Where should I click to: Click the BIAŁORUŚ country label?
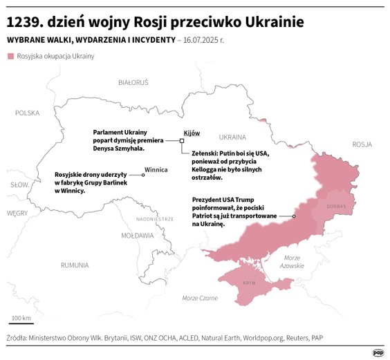(x=133, y=82)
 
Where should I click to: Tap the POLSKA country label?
(x=28, y=113)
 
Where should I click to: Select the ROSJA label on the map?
(x=362, y=144)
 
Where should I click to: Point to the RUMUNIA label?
(x=74, y=265)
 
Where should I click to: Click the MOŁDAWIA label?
(x=138, y=235)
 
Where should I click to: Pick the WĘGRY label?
(x=17, y=214)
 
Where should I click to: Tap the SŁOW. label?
(x=18, y=185)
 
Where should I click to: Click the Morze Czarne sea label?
(x=200, y=298)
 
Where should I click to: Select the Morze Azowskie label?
(x=292, y=261)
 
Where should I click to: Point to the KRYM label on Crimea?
(x=249, y=283)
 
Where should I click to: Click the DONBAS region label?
(x=336, y=206)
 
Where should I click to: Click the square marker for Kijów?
(x=182, y=140)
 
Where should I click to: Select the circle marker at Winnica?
(x=142, y=176)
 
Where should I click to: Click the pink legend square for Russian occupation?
(x=10, y=56)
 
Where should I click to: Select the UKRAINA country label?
(x=232, y=137)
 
